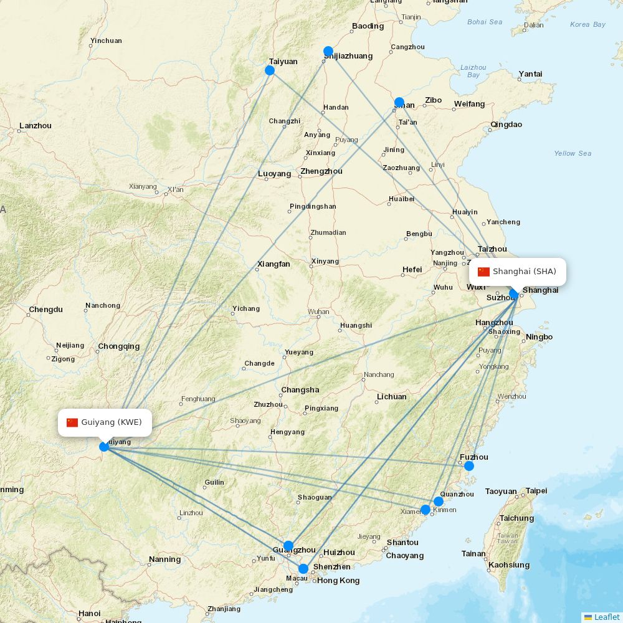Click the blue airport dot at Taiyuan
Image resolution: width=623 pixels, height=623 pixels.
click(x=270, y=70)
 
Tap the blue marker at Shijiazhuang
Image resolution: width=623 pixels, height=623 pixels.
click(x=328, y=51)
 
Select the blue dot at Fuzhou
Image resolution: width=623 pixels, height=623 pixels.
click(x=469, y=466)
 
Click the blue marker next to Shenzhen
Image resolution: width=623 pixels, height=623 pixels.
click(x=303, y=569)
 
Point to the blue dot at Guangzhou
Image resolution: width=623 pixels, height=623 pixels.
click(x=288, y=546)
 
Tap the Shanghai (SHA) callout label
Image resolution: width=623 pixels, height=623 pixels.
click(x=518, y=272)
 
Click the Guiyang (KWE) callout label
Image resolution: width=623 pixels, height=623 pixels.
click(x=105, y=422)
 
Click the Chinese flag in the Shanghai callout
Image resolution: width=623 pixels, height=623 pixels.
click(x=484, y=272)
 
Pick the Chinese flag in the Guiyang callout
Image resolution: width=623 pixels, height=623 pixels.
click(x=72, y=422)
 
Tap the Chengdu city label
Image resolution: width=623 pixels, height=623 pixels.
click(x=45, y=310)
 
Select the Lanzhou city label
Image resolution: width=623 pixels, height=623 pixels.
click(x=36, y=126)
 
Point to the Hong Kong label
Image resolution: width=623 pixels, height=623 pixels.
click(x=338, y=581)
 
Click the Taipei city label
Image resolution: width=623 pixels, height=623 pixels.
click(x=536, y=491)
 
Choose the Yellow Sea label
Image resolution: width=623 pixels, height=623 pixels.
click(x=573, y=153)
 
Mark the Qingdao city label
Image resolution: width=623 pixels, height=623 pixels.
click(x=506, y=125)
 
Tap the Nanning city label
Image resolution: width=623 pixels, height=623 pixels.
click(x=165, y=559)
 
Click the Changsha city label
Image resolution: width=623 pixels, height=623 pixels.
click(x=300, y=390)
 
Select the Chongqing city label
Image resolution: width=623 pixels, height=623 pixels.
click(x=118, y=346)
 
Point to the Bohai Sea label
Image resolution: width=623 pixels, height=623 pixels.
click(x=485, y=22)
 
